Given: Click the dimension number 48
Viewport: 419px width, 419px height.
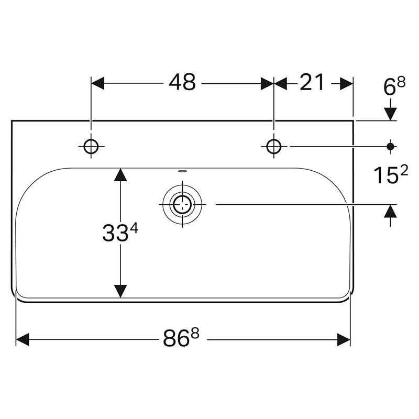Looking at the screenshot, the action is click(182, 82).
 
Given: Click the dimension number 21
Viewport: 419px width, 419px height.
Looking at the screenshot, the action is click(312, 82).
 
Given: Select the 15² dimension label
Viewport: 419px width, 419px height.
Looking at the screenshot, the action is click(390, 174).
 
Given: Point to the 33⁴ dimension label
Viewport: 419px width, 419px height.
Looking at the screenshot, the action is click(120, 233).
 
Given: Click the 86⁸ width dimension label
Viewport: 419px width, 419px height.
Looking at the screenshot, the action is click(181, 337).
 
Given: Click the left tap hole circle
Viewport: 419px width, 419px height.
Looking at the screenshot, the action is click(91, 147).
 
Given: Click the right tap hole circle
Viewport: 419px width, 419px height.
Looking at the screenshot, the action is click(274, 147).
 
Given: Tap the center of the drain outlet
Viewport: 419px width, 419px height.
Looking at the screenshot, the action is click(182, 205).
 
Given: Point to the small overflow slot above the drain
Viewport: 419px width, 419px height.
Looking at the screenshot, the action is click(182, 170).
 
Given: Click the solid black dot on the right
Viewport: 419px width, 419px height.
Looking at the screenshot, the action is click(390, 147).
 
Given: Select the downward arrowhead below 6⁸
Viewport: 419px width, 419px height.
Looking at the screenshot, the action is click(390, 114).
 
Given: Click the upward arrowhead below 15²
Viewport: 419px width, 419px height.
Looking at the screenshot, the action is click(390, 211).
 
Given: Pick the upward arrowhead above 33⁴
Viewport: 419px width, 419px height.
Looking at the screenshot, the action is click(120, 175).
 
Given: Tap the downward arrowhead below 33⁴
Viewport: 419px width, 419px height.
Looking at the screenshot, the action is click(120, 291).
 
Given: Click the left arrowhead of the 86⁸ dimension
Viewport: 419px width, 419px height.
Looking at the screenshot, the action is click(23, 339).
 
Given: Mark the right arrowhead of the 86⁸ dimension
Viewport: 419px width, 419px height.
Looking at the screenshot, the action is click(344, 339).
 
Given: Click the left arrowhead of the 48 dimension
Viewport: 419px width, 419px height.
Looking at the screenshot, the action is click(97, 83).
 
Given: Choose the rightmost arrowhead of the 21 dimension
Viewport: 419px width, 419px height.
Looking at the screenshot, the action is click(347, 83).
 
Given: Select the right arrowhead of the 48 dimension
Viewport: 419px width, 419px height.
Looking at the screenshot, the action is click(267, 83).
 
